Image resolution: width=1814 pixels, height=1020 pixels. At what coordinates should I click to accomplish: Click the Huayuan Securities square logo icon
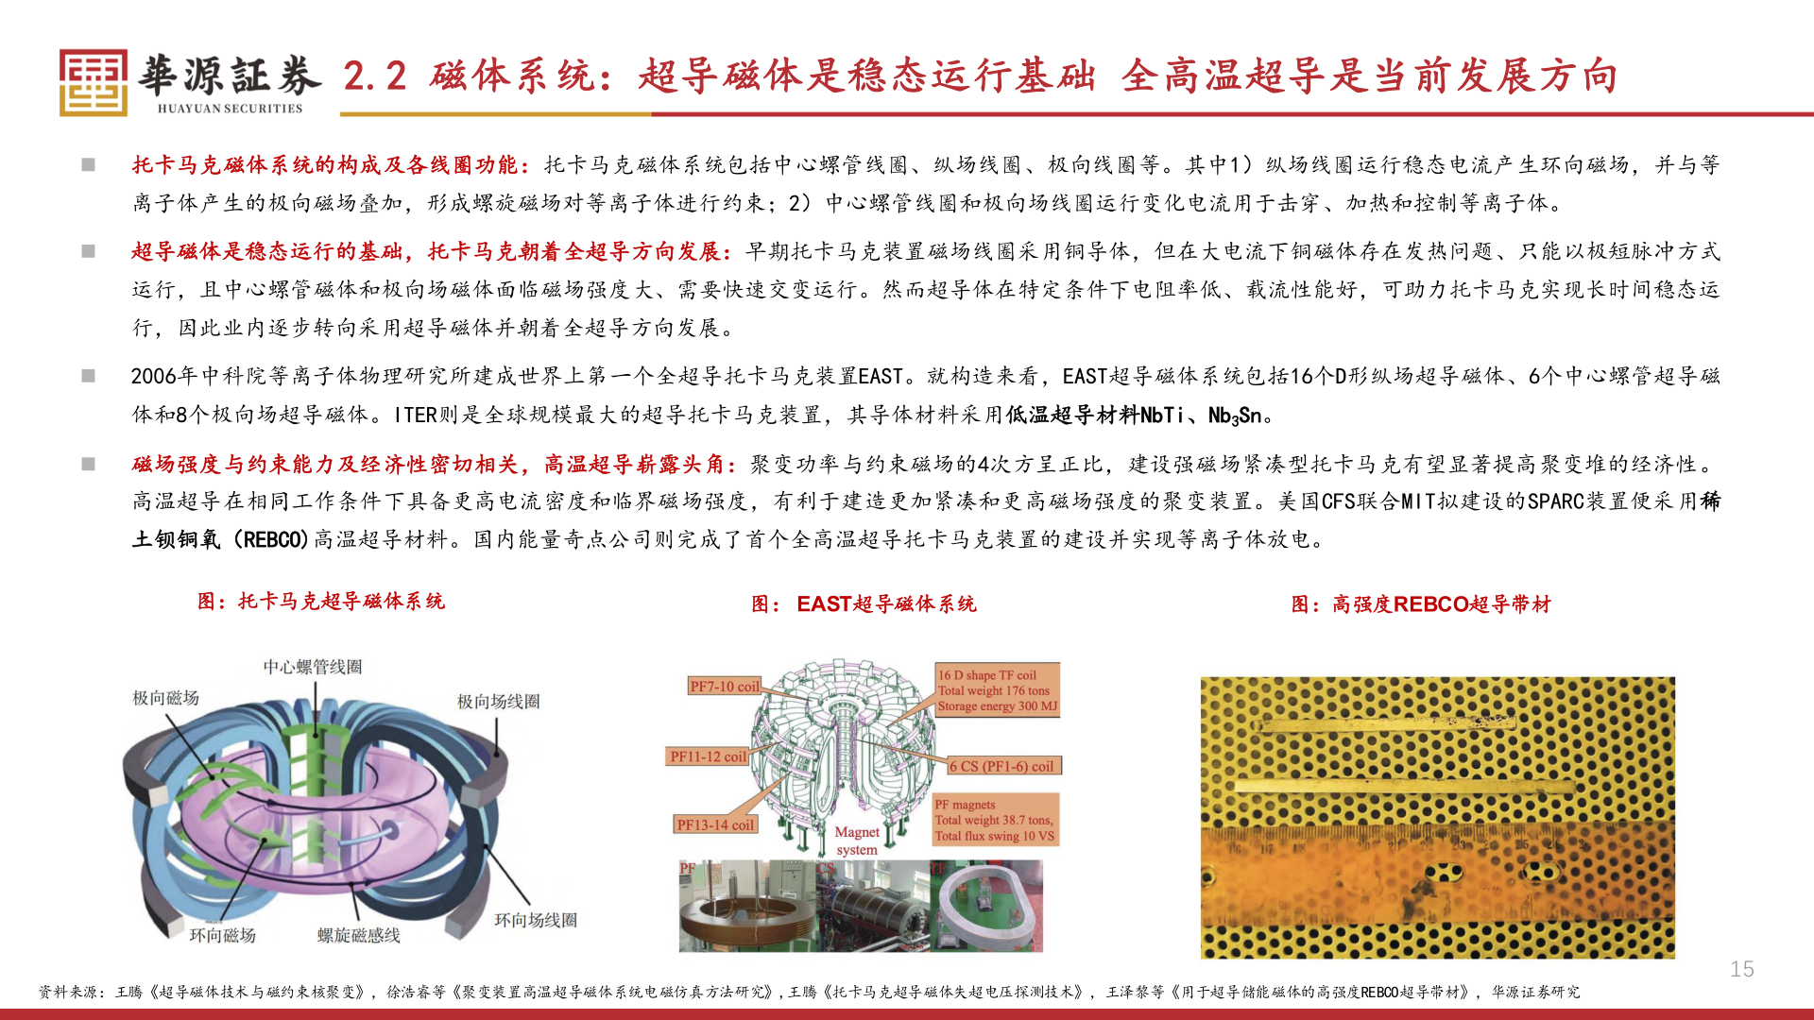(93, 82)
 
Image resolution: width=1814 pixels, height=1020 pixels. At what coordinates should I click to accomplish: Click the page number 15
(1741, 969)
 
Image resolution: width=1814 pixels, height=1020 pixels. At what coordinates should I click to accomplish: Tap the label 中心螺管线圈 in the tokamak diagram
(312, 667)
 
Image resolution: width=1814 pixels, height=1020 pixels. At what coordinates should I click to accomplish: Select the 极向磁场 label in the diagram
(165, 698)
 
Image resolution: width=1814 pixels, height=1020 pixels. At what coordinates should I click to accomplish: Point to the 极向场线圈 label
(498, 702)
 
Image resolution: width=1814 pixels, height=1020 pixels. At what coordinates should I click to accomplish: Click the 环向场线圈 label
(535, 920)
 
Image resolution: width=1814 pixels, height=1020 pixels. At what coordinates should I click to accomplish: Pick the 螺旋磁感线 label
(358, 935)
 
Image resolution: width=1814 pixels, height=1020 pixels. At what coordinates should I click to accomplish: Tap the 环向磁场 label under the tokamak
(222, 935)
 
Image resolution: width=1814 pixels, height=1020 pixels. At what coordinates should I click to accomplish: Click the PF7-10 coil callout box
(724, 687)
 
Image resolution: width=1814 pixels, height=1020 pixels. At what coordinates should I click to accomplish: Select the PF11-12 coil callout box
(708, 756)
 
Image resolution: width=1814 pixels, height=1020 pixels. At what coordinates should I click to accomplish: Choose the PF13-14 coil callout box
(715, 824)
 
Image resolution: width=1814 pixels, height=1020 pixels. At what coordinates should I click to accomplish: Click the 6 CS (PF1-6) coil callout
(1001, 766)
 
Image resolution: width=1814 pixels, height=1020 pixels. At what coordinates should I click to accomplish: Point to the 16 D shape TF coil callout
(997, 690)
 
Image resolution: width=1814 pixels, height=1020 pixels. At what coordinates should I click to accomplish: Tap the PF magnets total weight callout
(994, 820)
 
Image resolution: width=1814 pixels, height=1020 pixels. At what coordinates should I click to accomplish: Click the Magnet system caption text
(857, 841)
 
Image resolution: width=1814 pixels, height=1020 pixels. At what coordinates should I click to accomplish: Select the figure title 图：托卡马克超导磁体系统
(321, 602)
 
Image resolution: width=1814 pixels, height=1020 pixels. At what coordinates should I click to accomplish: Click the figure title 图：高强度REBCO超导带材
(1421, 604)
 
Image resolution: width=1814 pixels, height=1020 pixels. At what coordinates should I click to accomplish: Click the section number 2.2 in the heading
(374, 76)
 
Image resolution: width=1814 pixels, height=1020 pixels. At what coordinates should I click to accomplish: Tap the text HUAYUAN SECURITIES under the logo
(230, 109)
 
